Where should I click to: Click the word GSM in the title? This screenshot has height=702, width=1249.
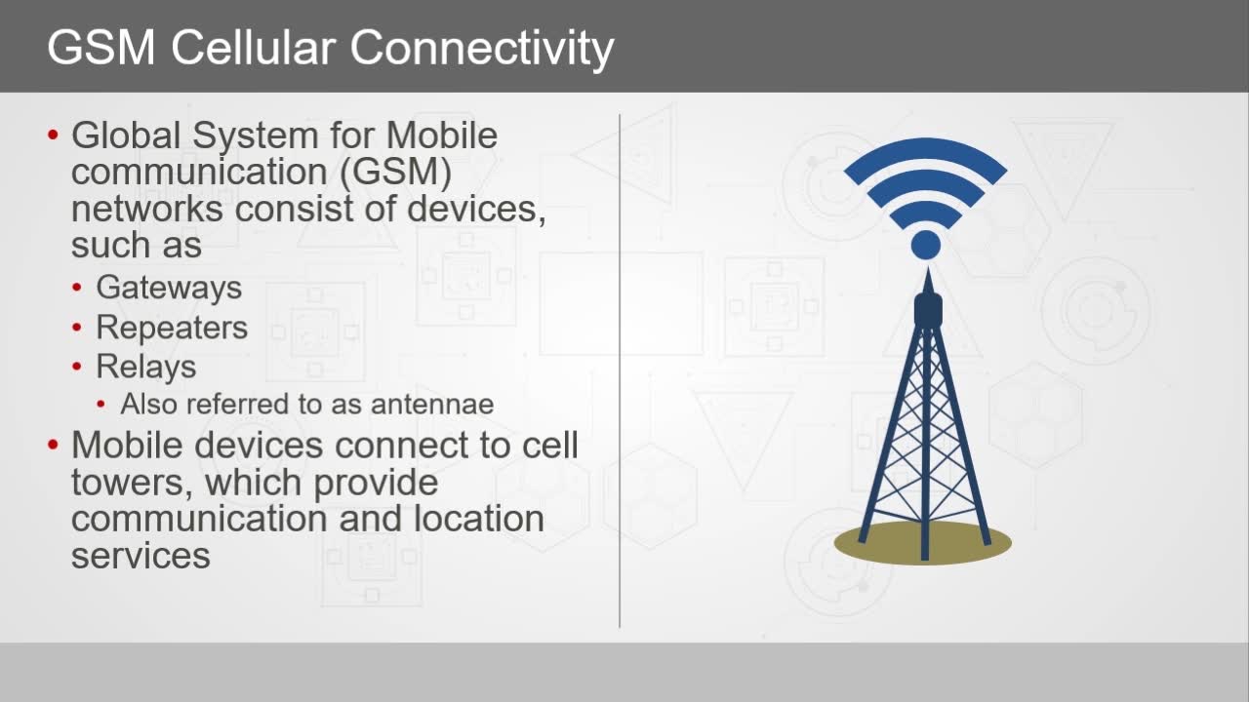pos(101,48)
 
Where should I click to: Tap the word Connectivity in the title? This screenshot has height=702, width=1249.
pos(482,50)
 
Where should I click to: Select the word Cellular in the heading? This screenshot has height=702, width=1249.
pos(253,48)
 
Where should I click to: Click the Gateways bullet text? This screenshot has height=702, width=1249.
pos(169,289)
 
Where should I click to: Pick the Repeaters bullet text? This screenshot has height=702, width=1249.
pos(172,329)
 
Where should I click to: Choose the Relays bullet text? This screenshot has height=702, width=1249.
pos(146,368)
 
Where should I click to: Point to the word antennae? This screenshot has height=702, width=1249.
pos(432,404)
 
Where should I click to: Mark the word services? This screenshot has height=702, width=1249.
pos(141,556)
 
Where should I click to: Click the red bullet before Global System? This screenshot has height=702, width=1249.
pos(53,135)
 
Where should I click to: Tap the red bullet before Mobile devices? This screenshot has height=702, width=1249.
pos(53,445)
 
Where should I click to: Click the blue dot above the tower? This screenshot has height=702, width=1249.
pos(926,245)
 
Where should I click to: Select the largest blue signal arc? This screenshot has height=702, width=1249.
pos(926,147)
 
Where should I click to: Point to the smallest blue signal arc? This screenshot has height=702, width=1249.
pos(926,209)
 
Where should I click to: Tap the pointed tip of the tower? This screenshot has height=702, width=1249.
pos(928,268)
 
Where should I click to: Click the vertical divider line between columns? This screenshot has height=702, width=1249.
pos(620,371)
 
